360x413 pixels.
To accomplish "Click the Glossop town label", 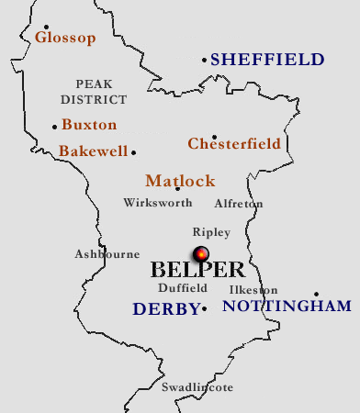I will point(65,38).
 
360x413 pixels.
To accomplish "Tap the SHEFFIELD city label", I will point(267,60).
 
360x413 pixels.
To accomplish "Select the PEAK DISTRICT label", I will point(95,91).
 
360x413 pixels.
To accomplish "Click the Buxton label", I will point(89,125).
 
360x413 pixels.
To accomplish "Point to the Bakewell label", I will point(93,151).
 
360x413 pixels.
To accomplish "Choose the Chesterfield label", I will point(234,144).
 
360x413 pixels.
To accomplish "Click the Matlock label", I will point(180,181).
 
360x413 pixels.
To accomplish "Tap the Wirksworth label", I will point(158,203).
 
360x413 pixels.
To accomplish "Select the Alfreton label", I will point(238,204).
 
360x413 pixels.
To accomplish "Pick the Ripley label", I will point(211,232).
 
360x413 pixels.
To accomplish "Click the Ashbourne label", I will point(107,254).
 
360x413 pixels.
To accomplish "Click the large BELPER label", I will point(197,271).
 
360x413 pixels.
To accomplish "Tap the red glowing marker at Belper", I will point(201,254).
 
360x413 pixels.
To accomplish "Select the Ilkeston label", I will point(253,290).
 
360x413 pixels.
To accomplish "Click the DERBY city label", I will point(166,310).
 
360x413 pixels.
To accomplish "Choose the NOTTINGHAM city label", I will point(287,307).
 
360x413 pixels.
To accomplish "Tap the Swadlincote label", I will point(197,388).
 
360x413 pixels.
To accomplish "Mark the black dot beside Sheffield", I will point(205,61).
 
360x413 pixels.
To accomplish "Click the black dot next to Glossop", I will point(46,28).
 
